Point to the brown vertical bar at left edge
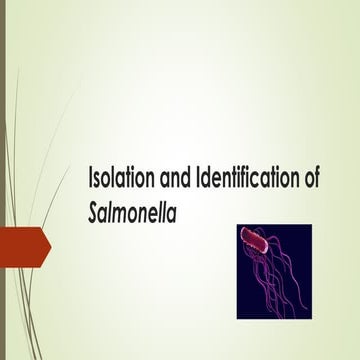pyautogui.click(x=3, y=180)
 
